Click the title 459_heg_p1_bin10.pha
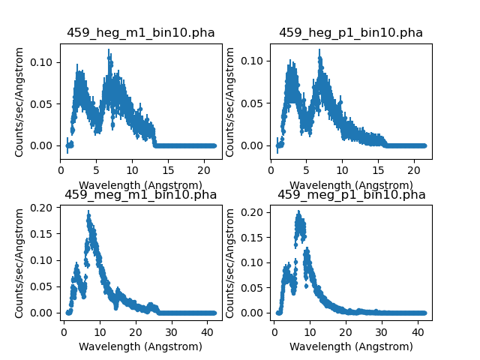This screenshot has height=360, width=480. click(x=351, y=32)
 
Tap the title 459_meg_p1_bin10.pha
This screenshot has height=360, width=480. click(x=351, y=195)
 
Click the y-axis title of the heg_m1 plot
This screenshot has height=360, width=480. click(x=20, y=101)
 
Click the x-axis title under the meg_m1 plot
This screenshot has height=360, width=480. click(x=141, y=346)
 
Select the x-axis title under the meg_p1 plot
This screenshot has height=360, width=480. click(x=351, y=346)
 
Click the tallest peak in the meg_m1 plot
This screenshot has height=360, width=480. click(x=88, y=216)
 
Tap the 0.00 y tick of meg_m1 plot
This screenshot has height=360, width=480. click(x=46, y=313)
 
